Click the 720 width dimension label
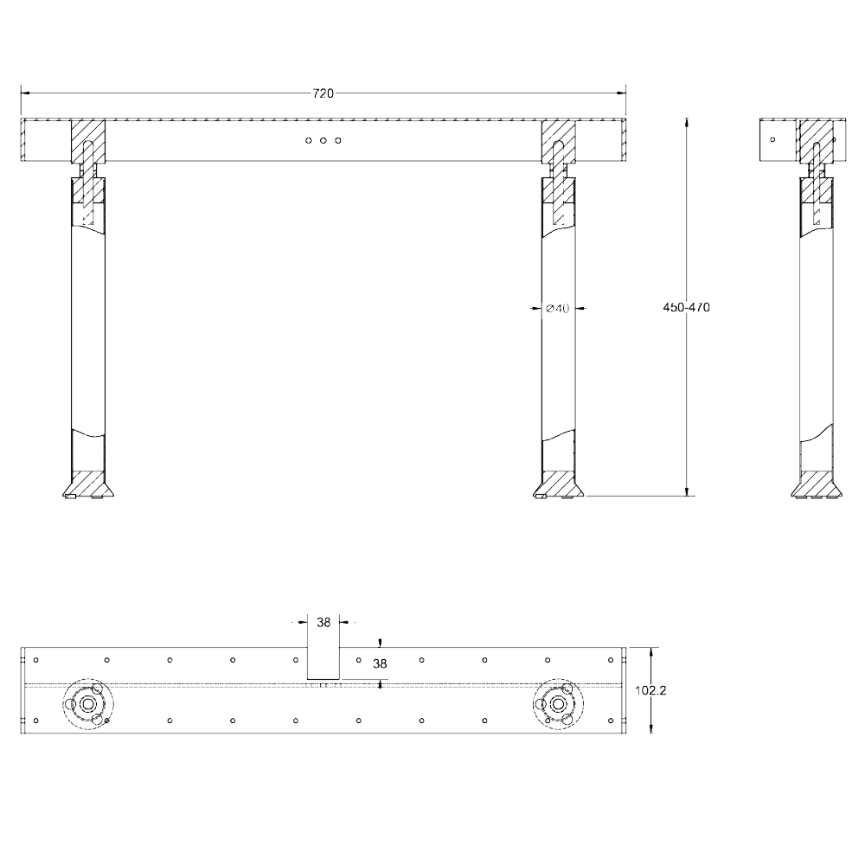pos(324,93)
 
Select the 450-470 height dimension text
pos(686,307)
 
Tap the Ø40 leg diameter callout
pos(558,309)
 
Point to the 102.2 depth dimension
pos(650,690)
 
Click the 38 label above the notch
pos(324,622)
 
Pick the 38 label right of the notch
pos(380,663)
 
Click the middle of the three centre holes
pos(324,140)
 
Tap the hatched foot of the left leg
pos(88,484)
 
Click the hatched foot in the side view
pos(817,484)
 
